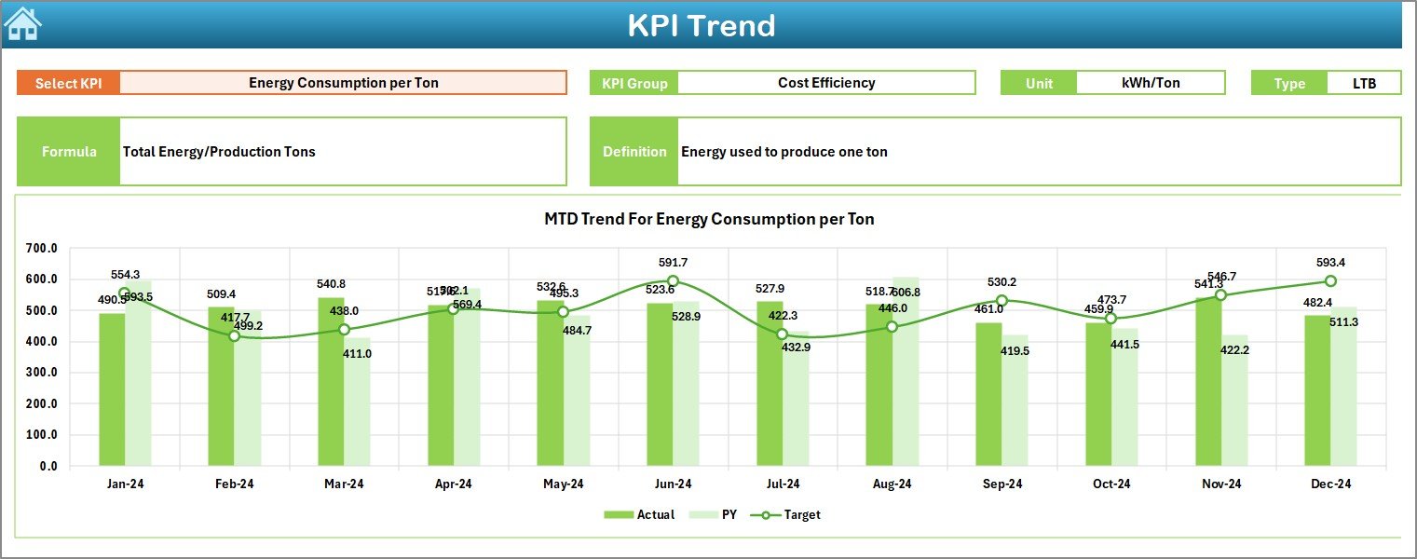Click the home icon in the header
coord(23,24)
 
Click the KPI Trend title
coord(701,25)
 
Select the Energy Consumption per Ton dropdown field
coord(343,83)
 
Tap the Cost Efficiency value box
coord(825,83)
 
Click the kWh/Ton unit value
coord(1150,83)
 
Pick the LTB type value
coord(1364,83)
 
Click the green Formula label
coord(69,152)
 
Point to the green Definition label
coord(634,152)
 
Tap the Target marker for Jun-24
coord(673,281)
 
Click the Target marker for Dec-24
coord(1330,281)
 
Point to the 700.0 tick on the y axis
coord(42,249)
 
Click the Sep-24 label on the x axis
coord(1001,484)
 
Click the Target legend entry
coord(791,514)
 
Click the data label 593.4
coord(1330,263)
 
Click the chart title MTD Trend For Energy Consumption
coord(709,220)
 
